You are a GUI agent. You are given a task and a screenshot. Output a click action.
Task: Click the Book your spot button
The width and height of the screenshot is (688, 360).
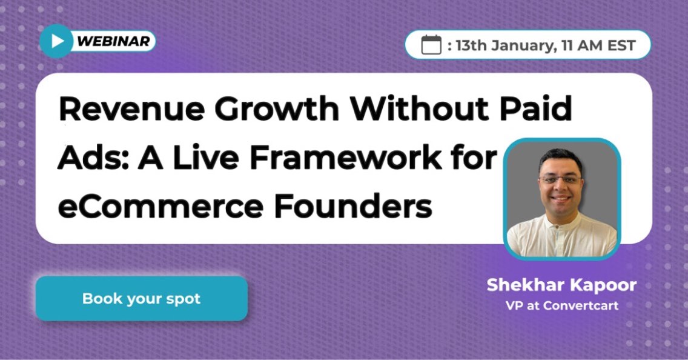tap(141, 298)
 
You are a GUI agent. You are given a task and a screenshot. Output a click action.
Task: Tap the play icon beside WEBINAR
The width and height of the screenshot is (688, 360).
tap(56, 41)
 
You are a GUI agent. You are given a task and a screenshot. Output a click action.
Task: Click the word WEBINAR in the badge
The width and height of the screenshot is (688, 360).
tap(113, 41)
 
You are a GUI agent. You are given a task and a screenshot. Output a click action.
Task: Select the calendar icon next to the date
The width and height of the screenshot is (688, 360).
tap(431, 45)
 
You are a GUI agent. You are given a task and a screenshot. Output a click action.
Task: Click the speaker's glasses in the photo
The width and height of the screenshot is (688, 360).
tap(561, 180)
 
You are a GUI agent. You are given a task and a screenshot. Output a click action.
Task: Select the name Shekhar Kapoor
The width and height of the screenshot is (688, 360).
tap(561, 285)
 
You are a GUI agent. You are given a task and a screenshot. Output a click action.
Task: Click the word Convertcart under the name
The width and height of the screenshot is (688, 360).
tap(581, 305)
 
